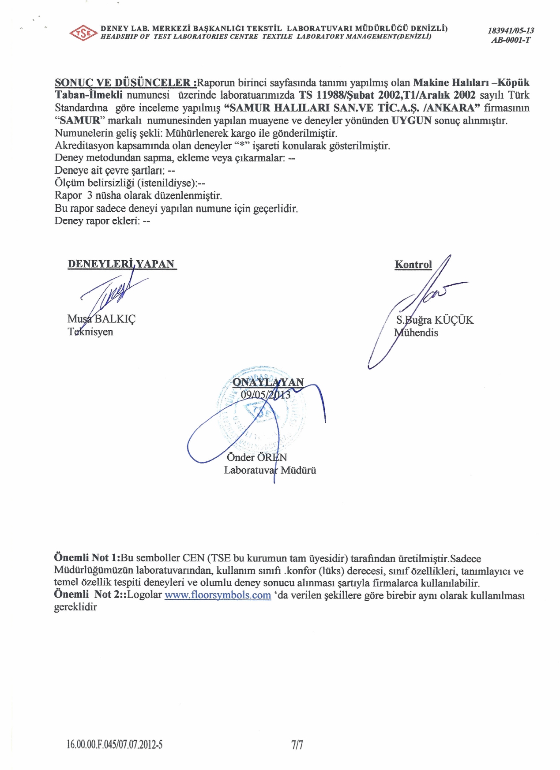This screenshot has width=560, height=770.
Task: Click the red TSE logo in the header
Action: pyautogui.click(x=83, y=33)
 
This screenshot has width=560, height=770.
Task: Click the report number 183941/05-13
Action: pyautogui.click(x=511, y=30)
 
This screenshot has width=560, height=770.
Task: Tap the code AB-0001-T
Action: pyautogui.click(x=511, y=40)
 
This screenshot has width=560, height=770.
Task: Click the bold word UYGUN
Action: pyautogui.click(x=411, y=120)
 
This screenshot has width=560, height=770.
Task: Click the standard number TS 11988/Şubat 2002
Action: pyautogui.click(x=348, y=95)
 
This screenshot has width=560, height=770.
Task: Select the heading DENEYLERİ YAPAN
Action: pyautogui.click(x=122, y=264)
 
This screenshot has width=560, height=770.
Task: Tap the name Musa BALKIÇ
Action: pyautogui.click(x=101, y=319)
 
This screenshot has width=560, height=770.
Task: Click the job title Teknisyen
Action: pyautogui.click(x=90, y=332)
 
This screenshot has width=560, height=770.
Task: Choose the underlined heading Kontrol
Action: pyautogui.click(x=413, y=265)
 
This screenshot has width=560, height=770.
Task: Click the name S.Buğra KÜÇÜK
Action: pyautogui.click(x=434, y=320)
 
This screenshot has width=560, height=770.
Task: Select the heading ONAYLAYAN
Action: pyautogui.click(x=268, y=382)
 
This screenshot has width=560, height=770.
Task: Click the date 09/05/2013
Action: pyautogui.click(x=265, y=395)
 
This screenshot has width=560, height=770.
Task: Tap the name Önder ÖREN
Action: pyautogui.click(x=257, y=457)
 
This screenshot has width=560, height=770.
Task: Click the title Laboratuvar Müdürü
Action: pyautogui.click(x=270, y=470)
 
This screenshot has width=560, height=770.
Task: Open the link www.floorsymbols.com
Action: pyautogui.click(x=218, y=595)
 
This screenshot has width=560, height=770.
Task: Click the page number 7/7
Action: pyautogui.click(x=297, y=745)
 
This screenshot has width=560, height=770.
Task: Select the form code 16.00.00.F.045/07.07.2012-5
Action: pyautogui.click(x=115, y=745)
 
